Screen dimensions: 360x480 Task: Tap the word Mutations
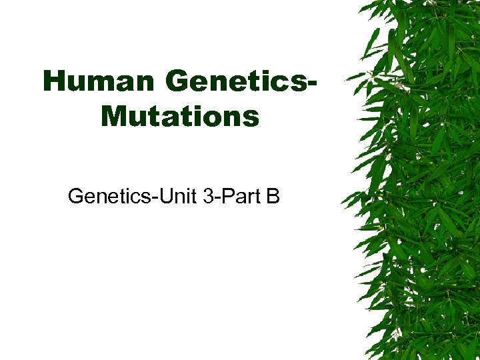pyautogui.click(x=180, y=116)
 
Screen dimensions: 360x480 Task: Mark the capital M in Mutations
pyautogui.click(x=113, y=116)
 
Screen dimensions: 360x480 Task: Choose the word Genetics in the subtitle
pyautogui.click(x=109, y=197)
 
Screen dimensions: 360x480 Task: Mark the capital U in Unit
pyautogui.click(x=163, y=197)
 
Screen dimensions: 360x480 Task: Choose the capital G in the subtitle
pyautogui.click(x=75, y=197)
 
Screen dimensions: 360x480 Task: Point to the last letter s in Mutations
pyautogui.click(x=252, y=118)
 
